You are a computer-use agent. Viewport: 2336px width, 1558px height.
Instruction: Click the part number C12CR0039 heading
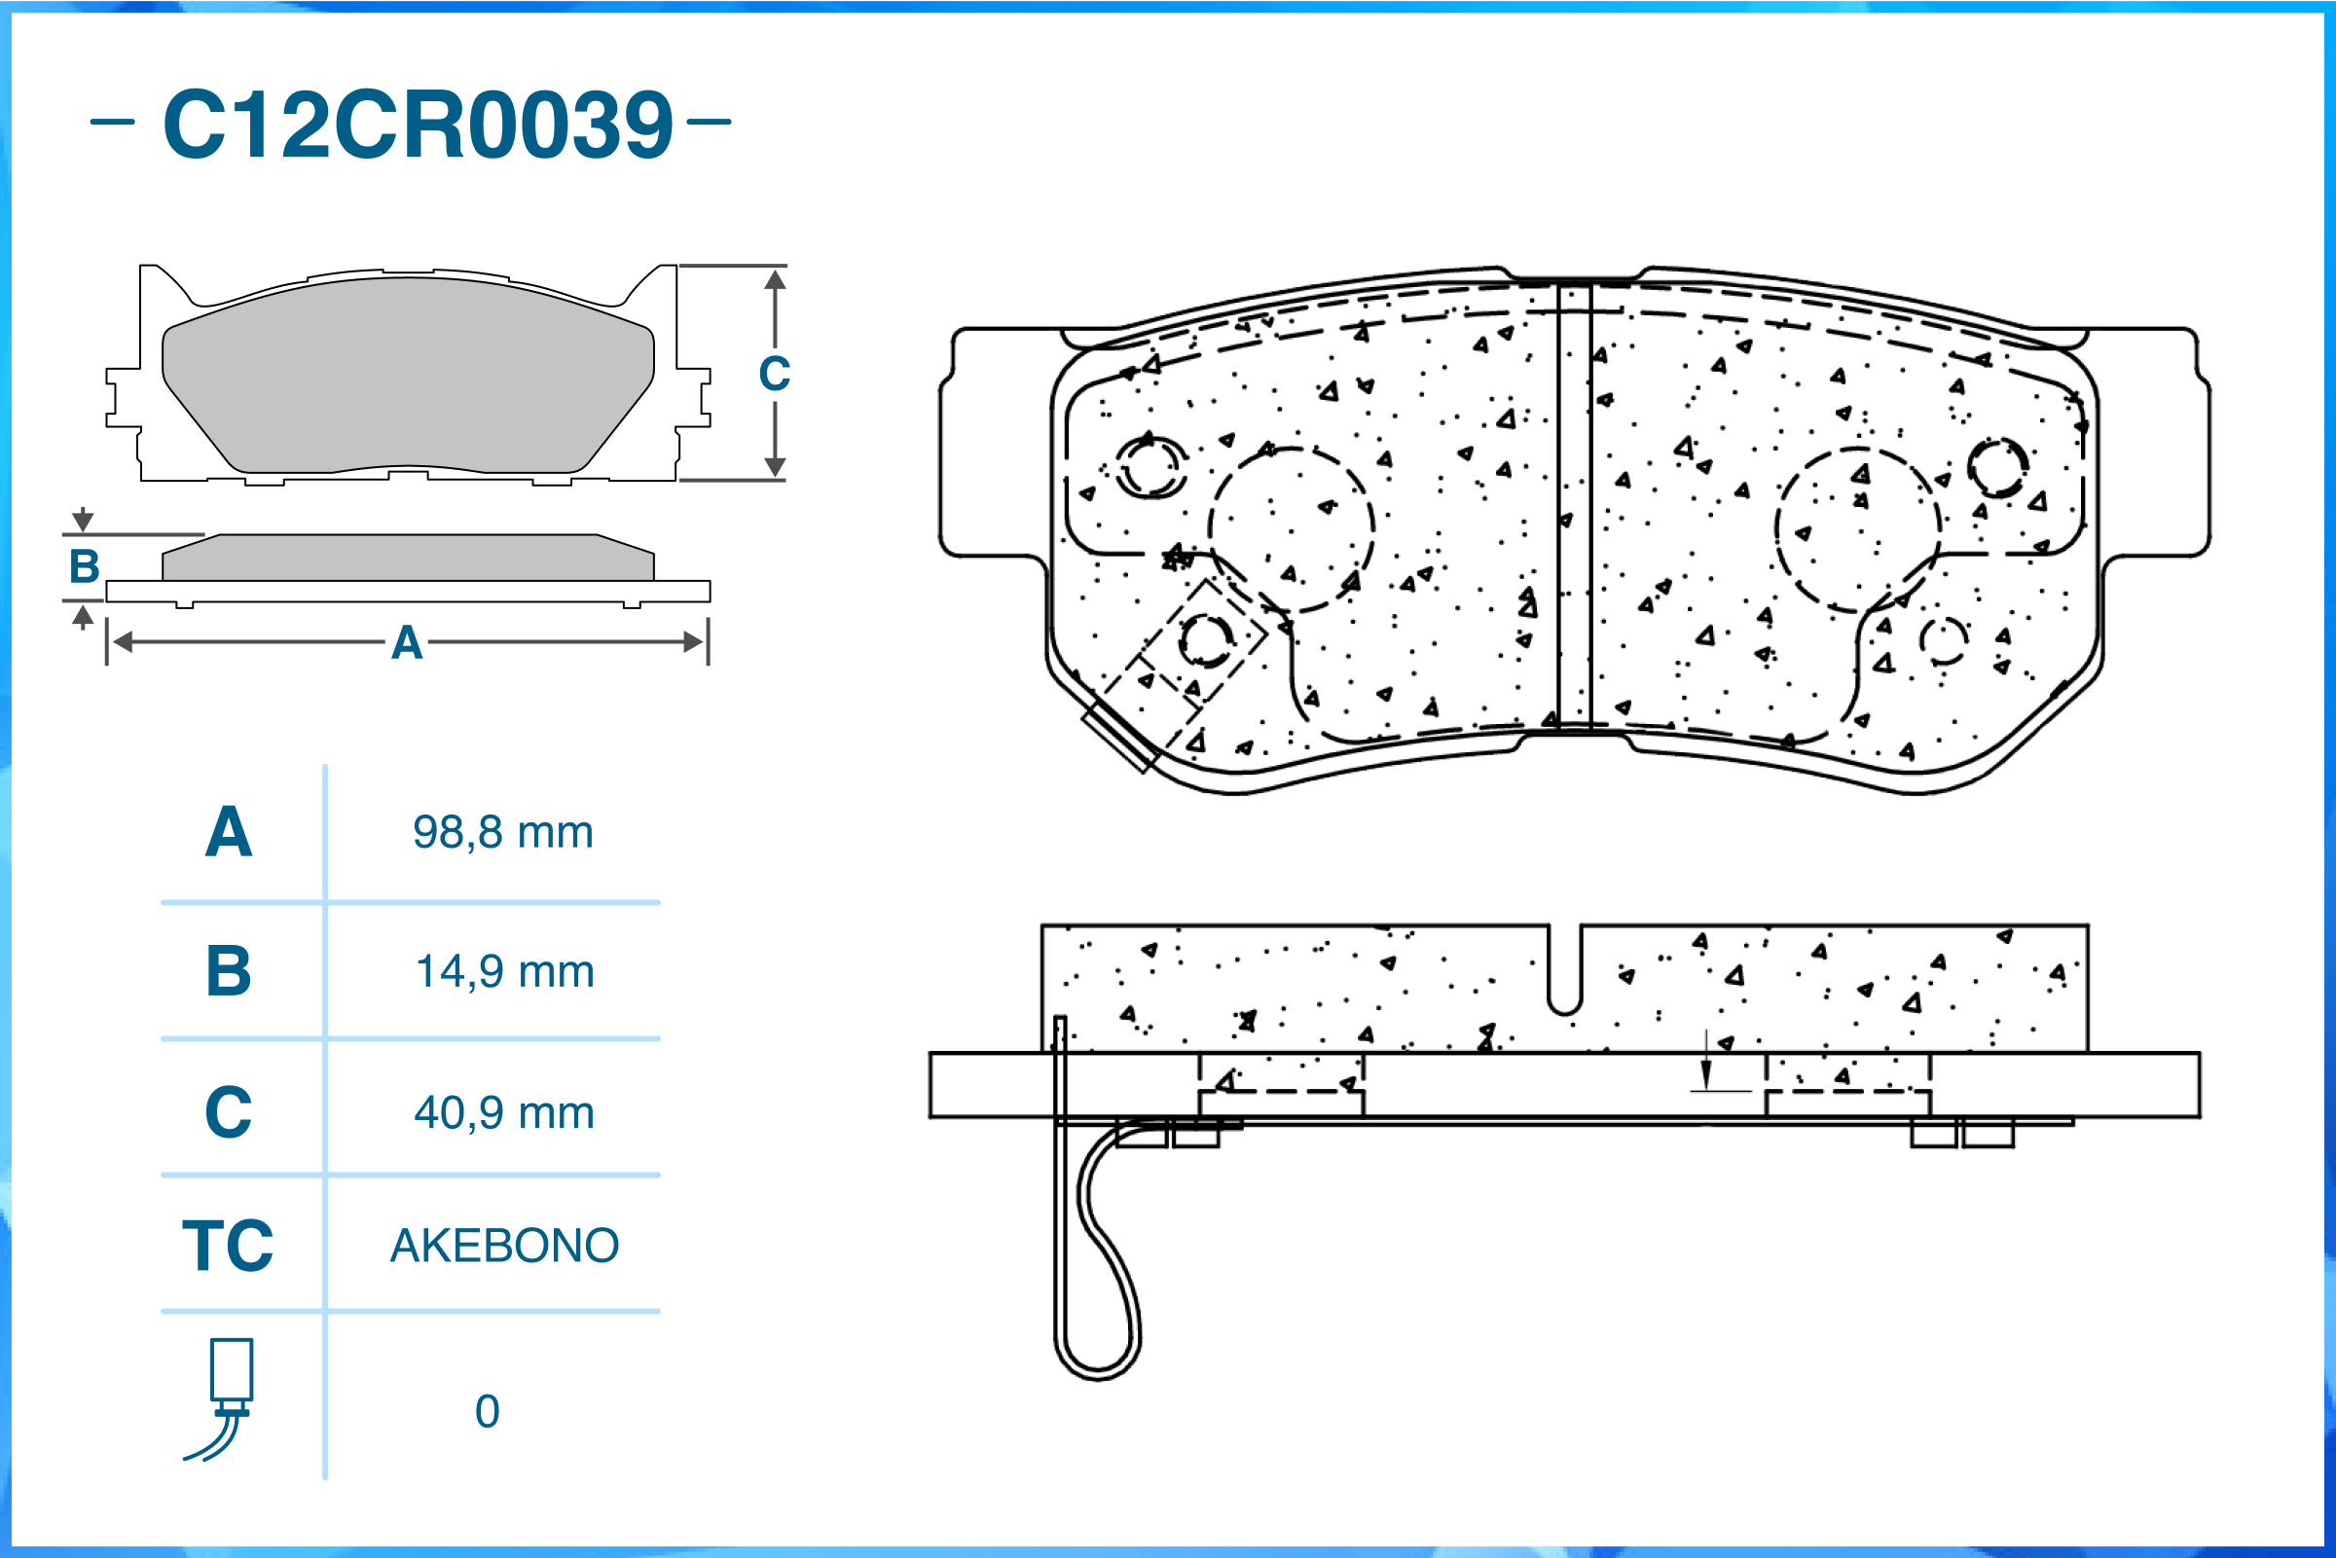coord(418,125)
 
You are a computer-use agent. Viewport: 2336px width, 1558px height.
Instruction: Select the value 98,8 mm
coord(503,833)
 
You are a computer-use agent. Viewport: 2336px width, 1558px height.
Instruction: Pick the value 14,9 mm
coord(505,972)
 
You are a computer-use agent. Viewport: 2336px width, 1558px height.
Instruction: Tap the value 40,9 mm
coord(505,1113)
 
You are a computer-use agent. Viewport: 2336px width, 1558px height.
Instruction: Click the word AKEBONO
coord(505,1246)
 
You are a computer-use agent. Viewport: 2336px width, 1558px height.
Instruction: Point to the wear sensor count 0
coord(487,1412)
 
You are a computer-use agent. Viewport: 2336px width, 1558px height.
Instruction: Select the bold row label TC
coord(228,1246)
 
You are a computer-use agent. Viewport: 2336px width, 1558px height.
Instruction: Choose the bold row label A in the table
coord(229,833)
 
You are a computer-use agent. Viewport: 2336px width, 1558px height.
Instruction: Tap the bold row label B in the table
coord(229,972)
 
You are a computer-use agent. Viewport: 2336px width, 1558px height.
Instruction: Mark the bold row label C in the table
coord(229,1113)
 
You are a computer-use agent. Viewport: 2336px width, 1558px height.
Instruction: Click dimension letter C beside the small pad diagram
coord(774,375)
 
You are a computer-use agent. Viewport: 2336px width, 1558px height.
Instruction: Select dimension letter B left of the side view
coord(85,567)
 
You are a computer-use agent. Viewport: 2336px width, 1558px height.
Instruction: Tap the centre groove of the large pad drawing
coord(1574,507)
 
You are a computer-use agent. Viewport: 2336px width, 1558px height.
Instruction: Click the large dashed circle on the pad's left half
coord(1291,529)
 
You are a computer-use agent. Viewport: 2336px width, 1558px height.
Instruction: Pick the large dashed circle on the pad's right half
coord(1857,529)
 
